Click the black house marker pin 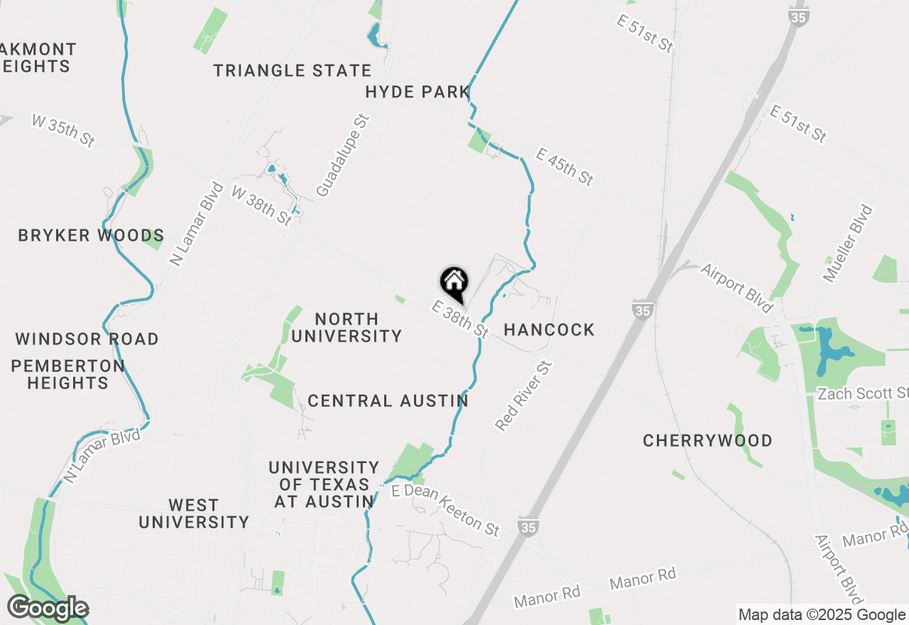click(454, 283)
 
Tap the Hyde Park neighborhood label click(418, 92)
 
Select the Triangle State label click(293, 70)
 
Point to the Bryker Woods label click(91, 235)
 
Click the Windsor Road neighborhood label click(87, 339)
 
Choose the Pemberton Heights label click(67, 374)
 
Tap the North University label click(347, 327)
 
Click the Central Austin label click(388, 401)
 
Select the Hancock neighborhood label click(549, 330)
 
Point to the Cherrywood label click(707, 440)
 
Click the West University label click(194, 513)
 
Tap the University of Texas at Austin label click(323, 484)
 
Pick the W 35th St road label click(63, 131)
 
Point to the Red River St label click(523, 395)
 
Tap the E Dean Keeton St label click(445, 510)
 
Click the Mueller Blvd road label click(847, 243)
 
